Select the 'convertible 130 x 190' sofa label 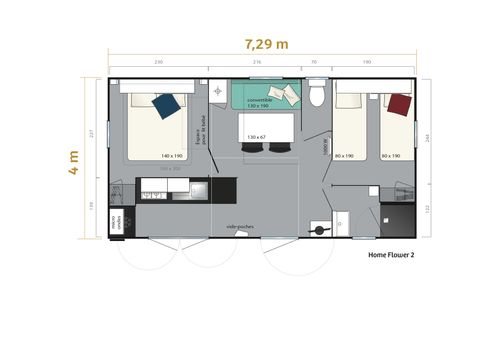click(260, 101)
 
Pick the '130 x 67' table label click(256, 137)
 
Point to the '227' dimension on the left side click(90, 136)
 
